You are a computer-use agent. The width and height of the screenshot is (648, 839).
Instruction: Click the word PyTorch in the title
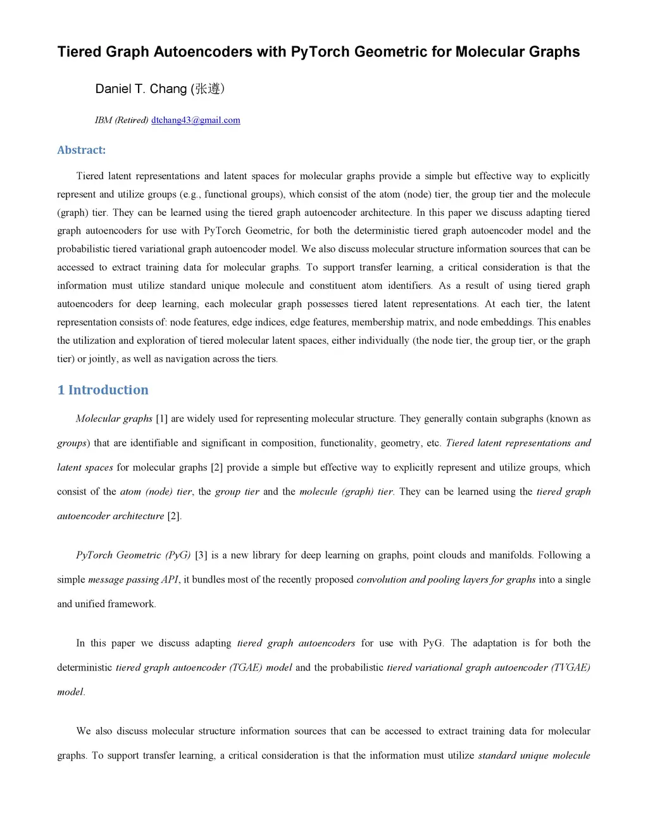pyautogui.click(x=320, y=52)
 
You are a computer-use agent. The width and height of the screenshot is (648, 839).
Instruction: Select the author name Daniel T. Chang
pyautogui.click(x=140, y=89)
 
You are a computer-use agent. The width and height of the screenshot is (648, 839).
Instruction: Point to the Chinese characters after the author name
pyautogui.click(x=209, y=89)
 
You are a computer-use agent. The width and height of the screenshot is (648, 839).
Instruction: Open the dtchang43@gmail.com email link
pyautogui.click(x=196, y=120)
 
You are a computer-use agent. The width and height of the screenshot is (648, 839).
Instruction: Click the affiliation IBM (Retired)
pyautogui.click(x=121, y=120)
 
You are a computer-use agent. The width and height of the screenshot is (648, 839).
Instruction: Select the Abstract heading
pyautogui.click(x=81, y=150)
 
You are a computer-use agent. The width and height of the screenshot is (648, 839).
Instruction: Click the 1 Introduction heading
pyautogui.click(x=103, y=390)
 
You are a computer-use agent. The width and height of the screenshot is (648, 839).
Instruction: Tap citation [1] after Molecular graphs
pyautogui.click(x=161, y=419)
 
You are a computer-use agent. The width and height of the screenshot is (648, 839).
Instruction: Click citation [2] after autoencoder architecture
pyautogui.click(x=174, y=516)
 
